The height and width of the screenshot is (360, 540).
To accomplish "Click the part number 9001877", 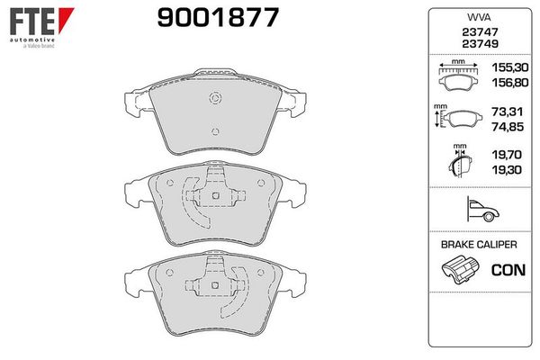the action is coord(218,18).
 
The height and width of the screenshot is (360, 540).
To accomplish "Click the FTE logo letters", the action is coord(32,22).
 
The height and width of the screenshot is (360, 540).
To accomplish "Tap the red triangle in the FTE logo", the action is coord(65,19).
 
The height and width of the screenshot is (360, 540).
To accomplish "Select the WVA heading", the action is coord(479,17).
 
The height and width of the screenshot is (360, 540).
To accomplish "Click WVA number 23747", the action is coord(480,32).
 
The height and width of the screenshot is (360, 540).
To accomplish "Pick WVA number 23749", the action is coord(480,44).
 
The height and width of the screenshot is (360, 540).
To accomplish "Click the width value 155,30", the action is coord(510,67).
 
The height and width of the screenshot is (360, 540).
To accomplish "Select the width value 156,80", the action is coord(510,83).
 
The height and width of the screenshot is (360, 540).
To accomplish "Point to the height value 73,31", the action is coord(508,112).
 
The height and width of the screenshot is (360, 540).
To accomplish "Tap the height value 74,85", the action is coord(508,127).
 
